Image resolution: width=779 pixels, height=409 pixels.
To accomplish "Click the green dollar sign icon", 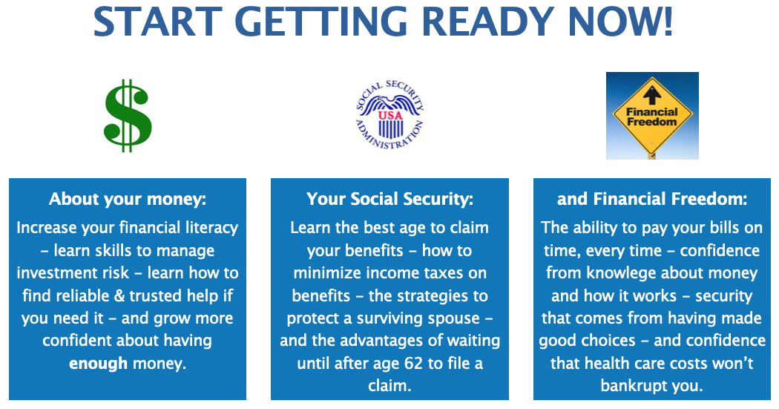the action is [128, 115].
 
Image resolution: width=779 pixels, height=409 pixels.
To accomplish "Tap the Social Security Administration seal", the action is [390, 115].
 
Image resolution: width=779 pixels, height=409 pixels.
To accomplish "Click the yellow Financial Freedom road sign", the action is [652, 116].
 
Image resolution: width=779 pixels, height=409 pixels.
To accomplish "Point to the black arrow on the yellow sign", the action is [652, 95].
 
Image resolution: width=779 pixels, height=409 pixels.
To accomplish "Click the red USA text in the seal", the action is [390, 115].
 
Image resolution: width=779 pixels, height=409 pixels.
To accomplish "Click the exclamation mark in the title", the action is [667, 22].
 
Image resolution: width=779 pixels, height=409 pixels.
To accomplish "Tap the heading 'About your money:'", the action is [128, 199].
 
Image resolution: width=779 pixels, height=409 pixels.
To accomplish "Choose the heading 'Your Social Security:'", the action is [390, 199].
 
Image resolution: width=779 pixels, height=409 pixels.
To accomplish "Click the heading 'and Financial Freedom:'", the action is [652, 199].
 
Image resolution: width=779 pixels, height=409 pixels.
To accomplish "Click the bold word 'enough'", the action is [99, 364].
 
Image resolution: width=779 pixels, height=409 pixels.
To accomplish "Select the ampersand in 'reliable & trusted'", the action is [119, 296].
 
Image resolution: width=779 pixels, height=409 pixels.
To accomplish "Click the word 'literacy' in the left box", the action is [211, 228].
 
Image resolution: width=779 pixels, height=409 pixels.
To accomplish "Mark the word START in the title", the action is [157, 22].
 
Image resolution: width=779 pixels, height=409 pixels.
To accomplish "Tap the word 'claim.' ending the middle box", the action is [390, 386].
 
